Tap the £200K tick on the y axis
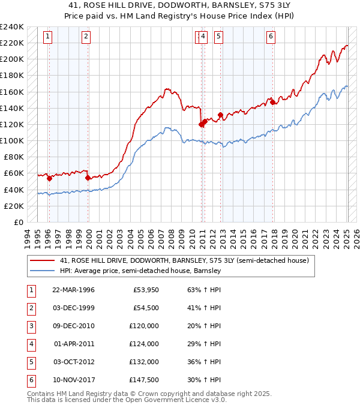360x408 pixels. [x=11, y=59]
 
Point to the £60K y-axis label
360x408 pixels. [x=13, y=173]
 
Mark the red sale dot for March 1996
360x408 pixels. [x=49, y=178]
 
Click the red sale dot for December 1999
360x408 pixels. [x=88, y=178]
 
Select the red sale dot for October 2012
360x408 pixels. [x=220, y=115]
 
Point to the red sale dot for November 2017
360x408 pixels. [x=273, y=102]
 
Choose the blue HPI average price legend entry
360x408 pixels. [x=140, y=271]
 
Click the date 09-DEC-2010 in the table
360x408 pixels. [x=73, y=326]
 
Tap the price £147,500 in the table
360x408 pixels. [x=143, y=380]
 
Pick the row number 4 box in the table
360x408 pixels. [x=30, y=344]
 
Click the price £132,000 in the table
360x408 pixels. [x=143, y=362]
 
